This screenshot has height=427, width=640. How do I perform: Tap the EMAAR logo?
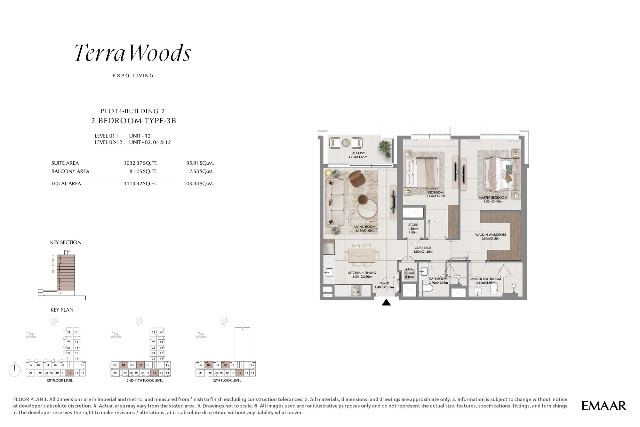coord(604,406)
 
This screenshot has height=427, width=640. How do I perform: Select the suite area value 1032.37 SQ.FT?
coord(140,163)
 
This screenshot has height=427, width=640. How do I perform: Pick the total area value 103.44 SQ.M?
coord(200,184)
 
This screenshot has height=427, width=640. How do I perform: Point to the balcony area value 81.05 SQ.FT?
coord(143,171)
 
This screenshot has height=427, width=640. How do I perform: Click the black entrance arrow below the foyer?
coord(386,302)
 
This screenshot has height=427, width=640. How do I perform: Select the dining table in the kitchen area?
coord(362,255)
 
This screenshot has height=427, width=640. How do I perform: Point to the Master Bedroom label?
coord(493,198)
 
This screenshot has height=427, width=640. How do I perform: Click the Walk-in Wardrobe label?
coord(491,235)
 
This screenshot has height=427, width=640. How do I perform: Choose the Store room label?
coord(413,225)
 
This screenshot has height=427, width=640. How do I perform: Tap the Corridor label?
coord(423,248)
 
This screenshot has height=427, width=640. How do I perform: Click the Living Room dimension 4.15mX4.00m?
coord(364,231)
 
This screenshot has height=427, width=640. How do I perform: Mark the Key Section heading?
coord(66,242)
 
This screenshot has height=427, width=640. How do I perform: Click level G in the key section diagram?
coord(60,293)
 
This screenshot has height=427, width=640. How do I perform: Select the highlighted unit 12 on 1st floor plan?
coord(69,373)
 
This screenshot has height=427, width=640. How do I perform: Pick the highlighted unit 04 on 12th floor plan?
coord(209,365)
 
